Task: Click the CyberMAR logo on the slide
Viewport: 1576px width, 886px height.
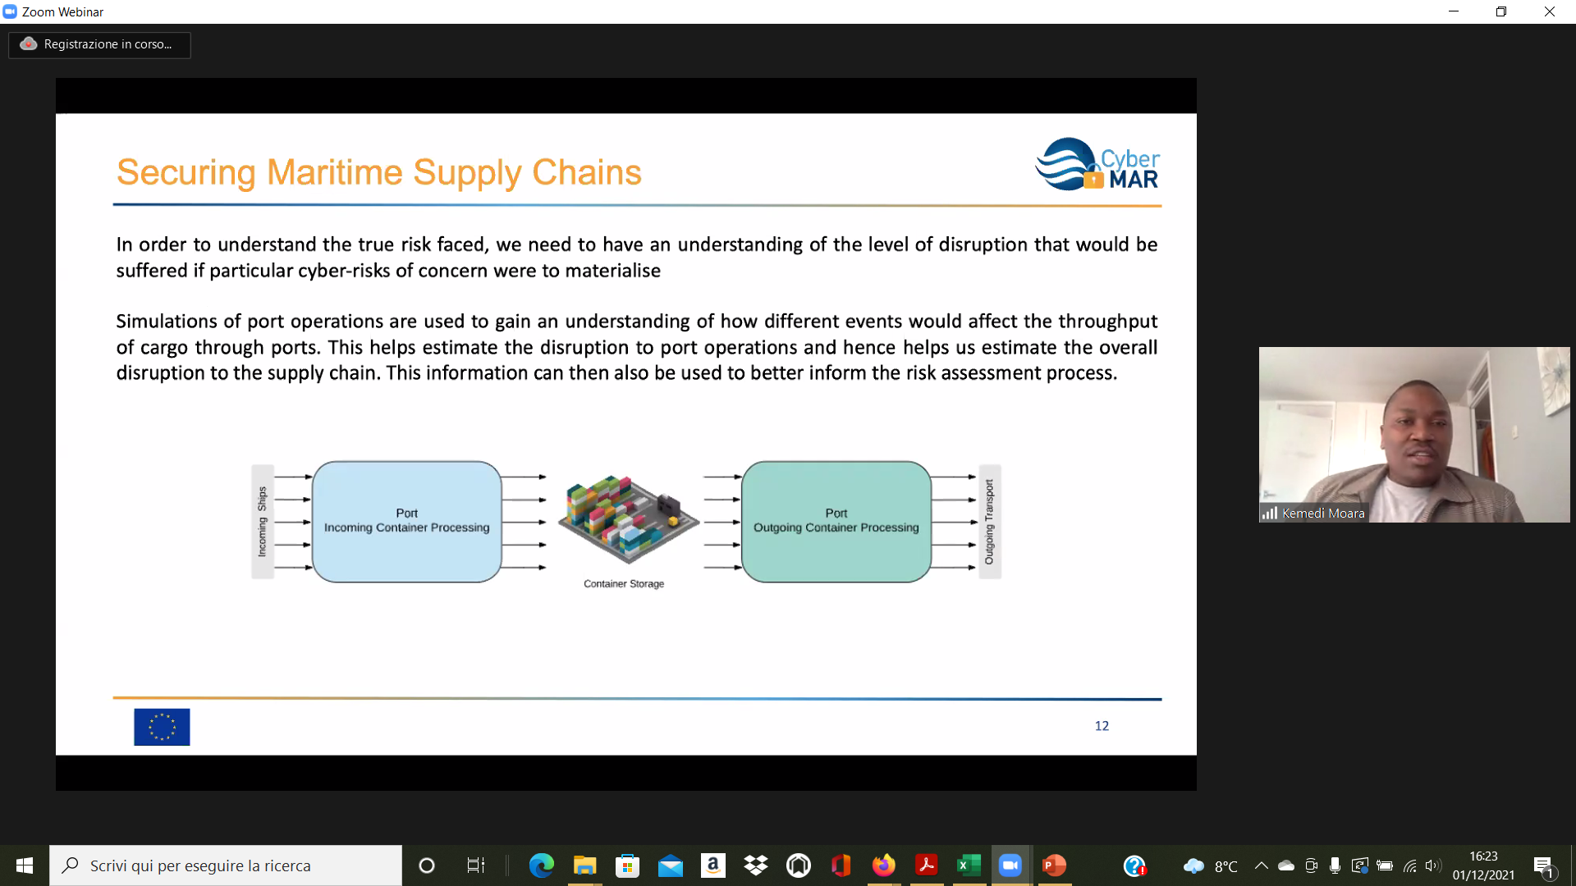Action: (x=1097, y=165)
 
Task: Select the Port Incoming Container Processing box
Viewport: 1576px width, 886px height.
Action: (x=406, y=522)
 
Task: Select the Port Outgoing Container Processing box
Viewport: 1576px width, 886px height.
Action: (x=836, y=522)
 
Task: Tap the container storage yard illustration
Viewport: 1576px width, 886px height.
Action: (x=628, y=518)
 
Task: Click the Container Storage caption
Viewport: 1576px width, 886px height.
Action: (x=624, y=584)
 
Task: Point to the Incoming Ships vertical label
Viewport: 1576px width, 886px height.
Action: (x=262, y=522)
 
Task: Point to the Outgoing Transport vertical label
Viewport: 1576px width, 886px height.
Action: (x=989, y=522)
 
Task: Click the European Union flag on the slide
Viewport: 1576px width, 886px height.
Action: (x=162, y=727)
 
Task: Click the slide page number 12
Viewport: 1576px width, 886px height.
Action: (x=1102, y=726)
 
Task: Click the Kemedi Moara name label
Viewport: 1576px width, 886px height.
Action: (x=1322, y=514)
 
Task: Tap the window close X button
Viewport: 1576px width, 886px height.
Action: (x=1550, y=11)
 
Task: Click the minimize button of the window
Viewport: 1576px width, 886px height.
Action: (x=1454, y=11)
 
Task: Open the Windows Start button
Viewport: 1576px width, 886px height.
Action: (x=25, y=865)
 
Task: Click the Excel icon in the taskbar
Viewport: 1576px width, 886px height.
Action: (x=969, y=865)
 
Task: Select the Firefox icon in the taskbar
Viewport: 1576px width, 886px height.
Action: (x=883, y=865)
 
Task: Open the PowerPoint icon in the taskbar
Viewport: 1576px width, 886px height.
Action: (x=1054, y=865)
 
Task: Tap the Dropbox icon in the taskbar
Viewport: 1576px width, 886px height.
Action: (x=755, y=865)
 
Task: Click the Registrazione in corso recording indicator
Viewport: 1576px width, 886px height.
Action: (x=99, y=44)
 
